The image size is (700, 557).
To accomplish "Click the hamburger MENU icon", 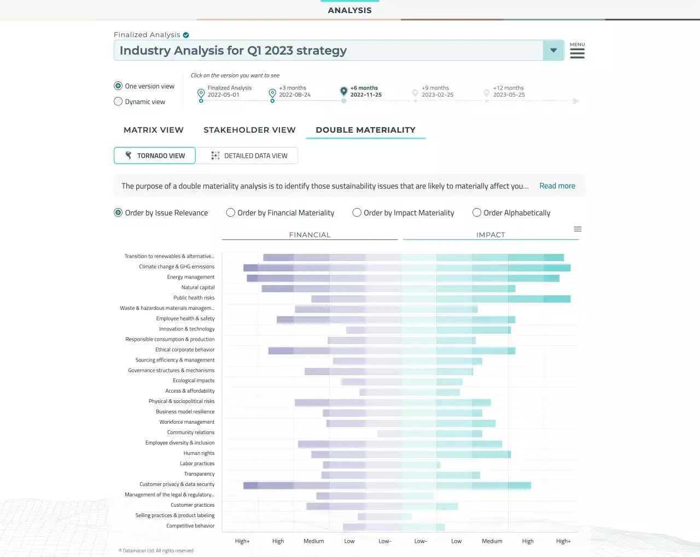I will (577, 53).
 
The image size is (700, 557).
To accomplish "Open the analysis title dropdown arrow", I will (553, 51).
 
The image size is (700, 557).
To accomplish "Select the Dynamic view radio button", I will (118, 102).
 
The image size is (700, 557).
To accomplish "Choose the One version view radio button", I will (118, 86).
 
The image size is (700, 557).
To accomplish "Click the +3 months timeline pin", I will (272, 93).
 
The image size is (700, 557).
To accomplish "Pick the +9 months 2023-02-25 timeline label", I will (437, 91).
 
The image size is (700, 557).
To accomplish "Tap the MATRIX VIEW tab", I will (154, 130).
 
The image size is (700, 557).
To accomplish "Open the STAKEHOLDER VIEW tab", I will (249, 130).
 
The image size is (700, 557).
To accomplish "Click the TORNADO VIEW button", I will (155, 156).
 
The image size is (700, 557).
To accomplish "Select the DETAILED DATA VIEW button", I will (248, 156).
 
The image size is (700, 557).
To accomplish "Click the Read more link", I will (557, 186).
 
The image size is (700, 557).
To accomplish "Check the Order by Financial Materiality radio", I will (231, 213).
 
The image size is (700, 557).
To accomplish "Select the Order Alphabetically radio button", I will (477, 213).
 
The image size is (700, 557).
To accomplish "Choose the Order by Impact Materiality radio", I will (357, 213).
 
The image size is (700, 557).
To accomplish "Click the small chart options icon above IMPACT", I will (577, 229).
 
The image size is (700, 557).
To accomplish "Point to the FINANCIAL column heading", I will (310, 235).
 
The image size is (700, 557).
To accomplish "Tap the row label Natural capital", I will (198, 287).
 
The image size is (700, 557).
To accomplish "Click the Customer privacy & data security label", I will (177, 484).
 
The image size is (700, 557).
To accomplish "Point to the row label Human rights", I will (199, 453).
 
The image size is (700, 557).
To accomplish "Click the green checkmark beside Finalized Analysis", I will (186, 35).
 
